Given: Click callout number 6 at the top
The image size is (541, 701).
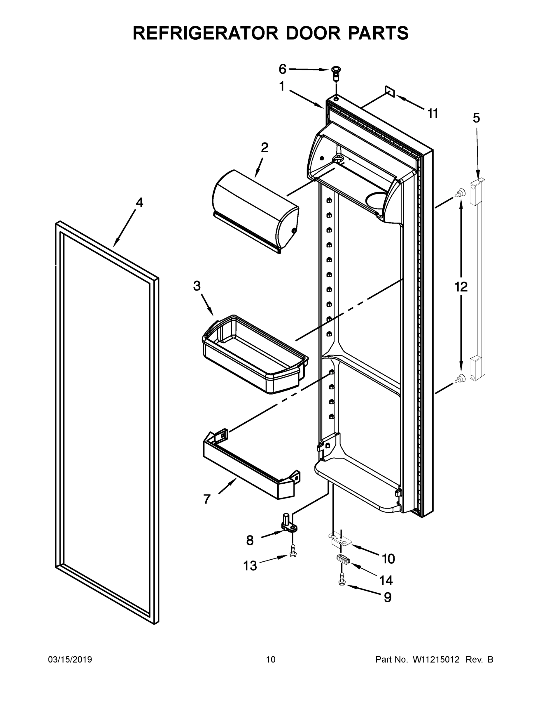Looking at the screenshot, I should (x=282, y=69).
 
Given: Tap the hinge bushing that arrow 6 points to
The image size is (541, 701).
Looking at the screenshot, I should (x=336, y=72).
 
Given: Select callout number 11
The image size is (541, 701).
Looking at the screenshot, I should (x=433, y=113).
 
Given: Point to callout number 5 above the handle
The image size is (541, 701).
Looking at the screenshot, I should (x=477, y=118).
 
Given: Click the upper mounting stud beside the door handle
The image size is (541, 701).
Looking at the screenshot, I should (x=460, y=192).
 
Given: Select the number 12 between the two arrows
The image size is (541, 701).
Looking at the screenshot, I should (x=461, y=287).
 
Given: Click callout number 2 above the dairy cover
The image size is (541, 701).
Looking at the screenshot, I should (x=265, y=147).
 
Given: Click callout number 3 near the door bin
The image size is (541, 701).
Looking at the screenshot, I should (x=197, y=285).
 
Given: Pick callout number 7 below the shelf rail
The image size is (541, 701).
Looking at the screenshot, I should (x=207, y=499).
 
